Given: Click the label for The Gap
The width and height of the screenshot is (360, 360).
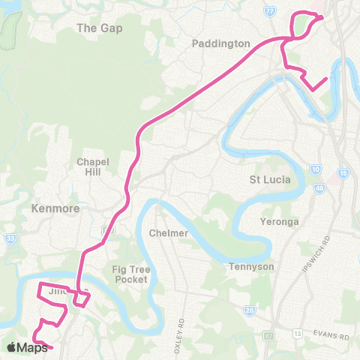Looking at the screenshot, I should pyautogui.click(x=100, y=28).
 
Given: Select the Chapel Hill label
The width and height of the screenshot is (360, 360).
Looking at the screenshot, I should pyautogui.click(x=94, y=167).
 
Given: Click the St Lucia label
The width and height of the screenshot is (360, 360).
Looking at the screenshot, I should pyautogui.click(x=269, y=179).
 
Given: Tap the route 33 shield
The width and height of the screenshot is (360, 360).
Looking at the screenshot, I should pyautogui.click(x=10, y=239).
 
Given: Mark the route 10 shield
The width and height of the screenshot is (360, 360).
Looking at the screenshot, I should pyautogui.click(x=316, y=170).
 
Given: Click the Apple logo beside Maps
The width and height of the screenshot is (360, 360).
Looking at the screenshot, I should pyautogui.click(x=11, y=347).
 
